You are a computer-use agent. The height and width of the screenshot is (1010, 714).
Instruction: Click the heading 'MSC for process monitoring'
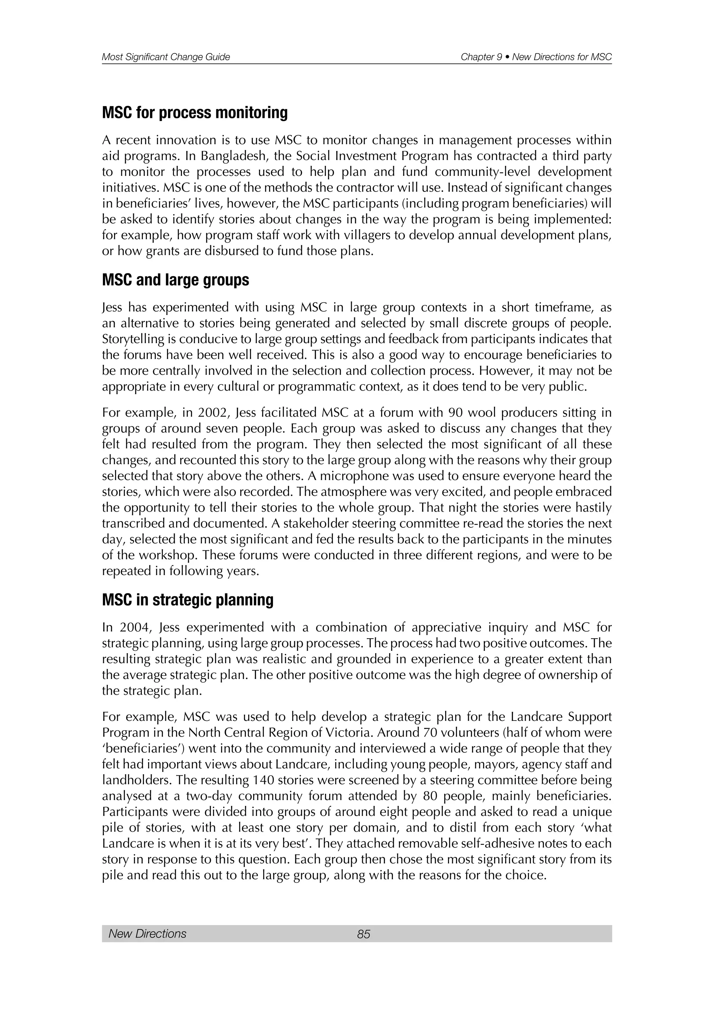[195, 113]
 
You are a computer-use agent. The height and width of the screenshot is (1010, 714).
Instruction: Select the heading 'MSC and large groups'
[175, 280]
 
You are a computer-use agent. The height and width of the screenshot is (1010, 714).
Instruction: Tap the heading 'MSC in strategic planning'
[188, 600]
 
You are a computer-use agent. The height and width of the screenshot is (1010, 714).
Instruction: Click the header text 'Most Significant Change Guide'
[166, 57]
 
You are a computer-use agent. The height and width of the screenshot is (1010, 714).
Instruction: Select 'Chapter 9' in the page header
[481, 57]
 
